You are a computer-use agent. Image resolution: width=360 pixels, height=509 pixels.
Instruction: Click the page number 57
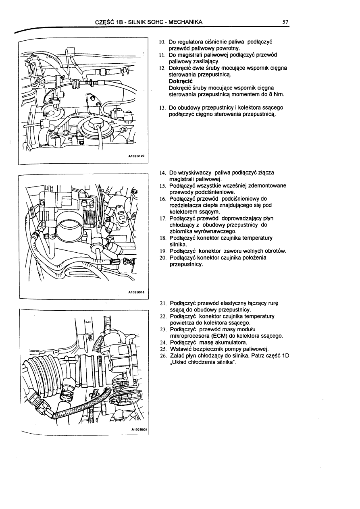pyautogui.click(x=285, y=22)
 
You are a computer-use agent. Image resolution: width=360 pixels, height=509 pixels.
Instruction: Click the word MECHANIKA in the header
pyautogui.click(x=183, y=22)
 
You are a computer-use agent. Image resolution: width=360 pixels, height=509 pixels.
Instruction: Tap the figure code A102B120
pyautogui.click(x=137, y=156)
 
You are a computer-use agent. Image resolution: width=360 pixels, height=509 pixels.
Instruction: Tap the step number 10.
pyautogui.click(x=162, y=42)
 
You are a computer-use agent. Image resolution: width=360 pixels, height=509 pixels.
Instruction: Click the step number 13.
pyautogui.click(x=162, y=108)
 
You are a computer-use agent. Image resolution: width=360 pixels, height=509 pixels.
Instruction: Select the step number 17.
pyautogui.click(x=163, y=218)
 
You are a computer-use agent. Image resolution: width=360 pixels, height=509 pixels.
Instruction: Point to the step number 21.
pyautogui.click(x=163, y=303)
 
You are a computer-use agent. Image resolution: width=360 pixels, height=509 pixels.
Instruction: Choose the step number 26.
pyautogui.click(x=163, y=355)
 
